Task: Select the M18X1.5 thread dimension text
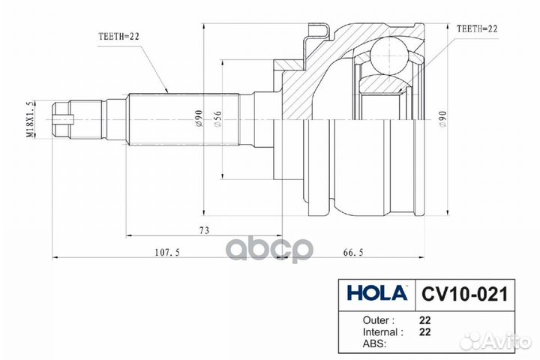tap(31, 120)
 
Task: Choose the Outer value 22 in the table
tap(424, 319)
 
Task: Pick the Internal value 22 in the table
tap(424, 331)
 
